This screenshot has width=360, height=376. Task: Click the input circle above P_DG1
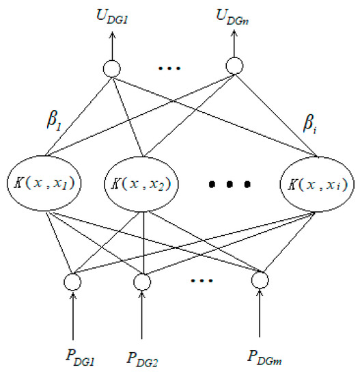72,280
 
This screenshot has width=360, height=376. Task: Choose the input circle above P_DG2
142,280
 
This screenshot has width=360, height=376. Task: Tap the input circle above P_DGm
260,280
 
